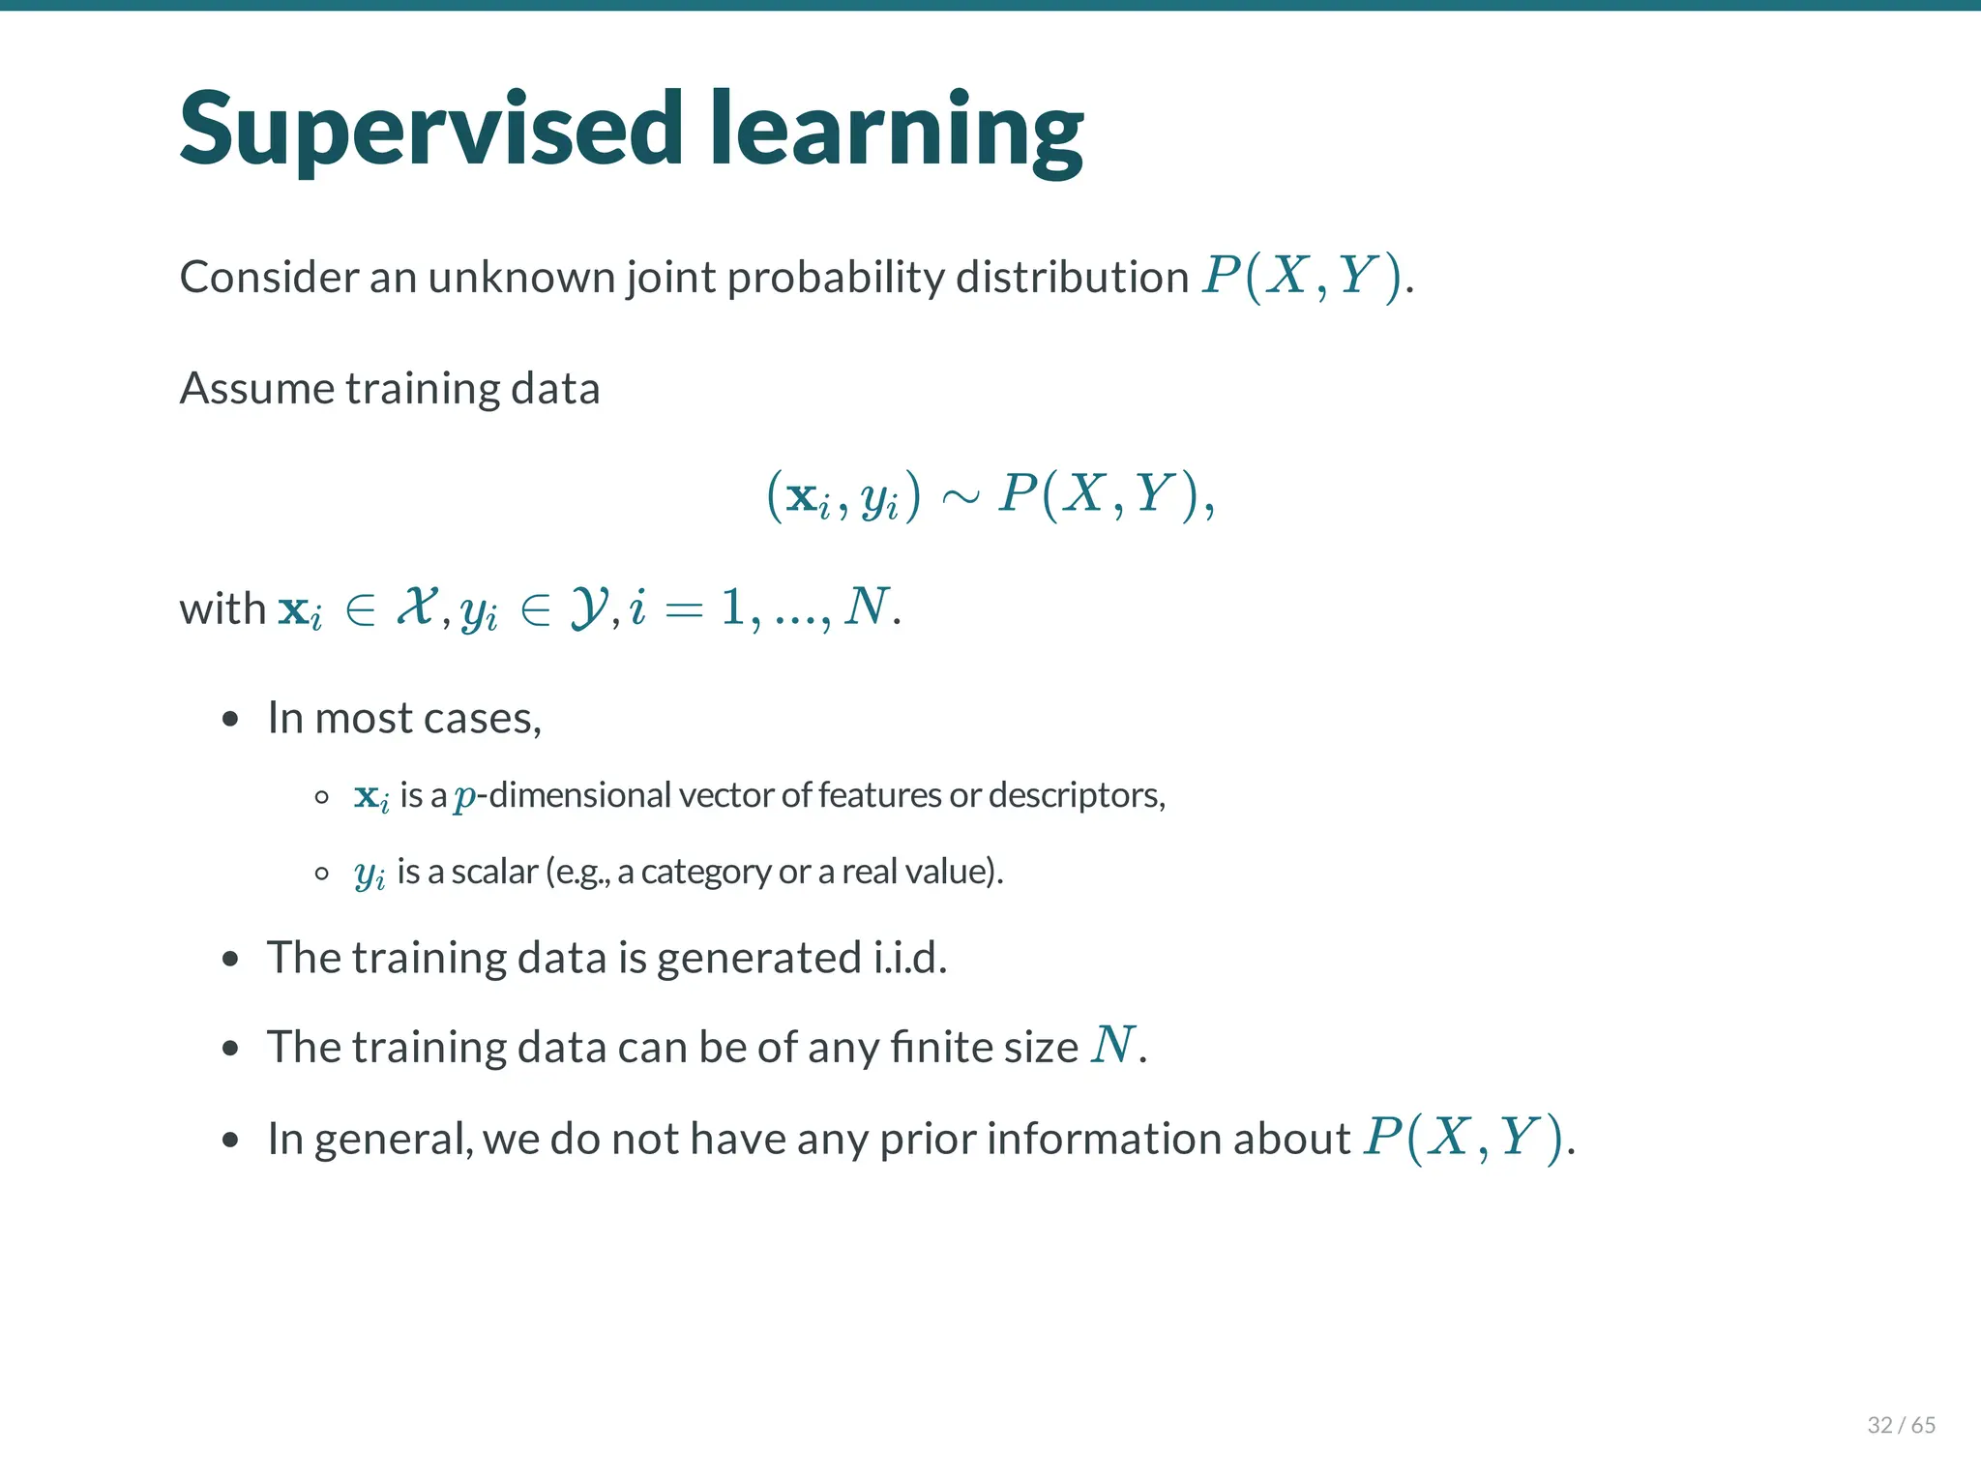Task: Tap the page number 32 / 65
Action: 1901,1425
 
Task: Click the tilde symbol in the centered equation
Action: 960,497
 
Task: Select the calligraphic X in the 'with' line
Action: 417,608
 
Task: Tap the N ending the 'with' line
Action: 866,608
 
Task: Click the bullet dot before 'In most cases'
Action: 229,720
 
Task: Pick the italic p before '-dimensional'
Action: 465,797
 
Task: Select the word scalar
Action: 494,872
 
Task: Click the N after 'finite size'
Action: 1111,1046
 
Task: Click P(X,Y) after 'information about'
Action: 1463,1138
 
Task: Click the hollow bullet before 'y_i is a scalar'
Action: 322,874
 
